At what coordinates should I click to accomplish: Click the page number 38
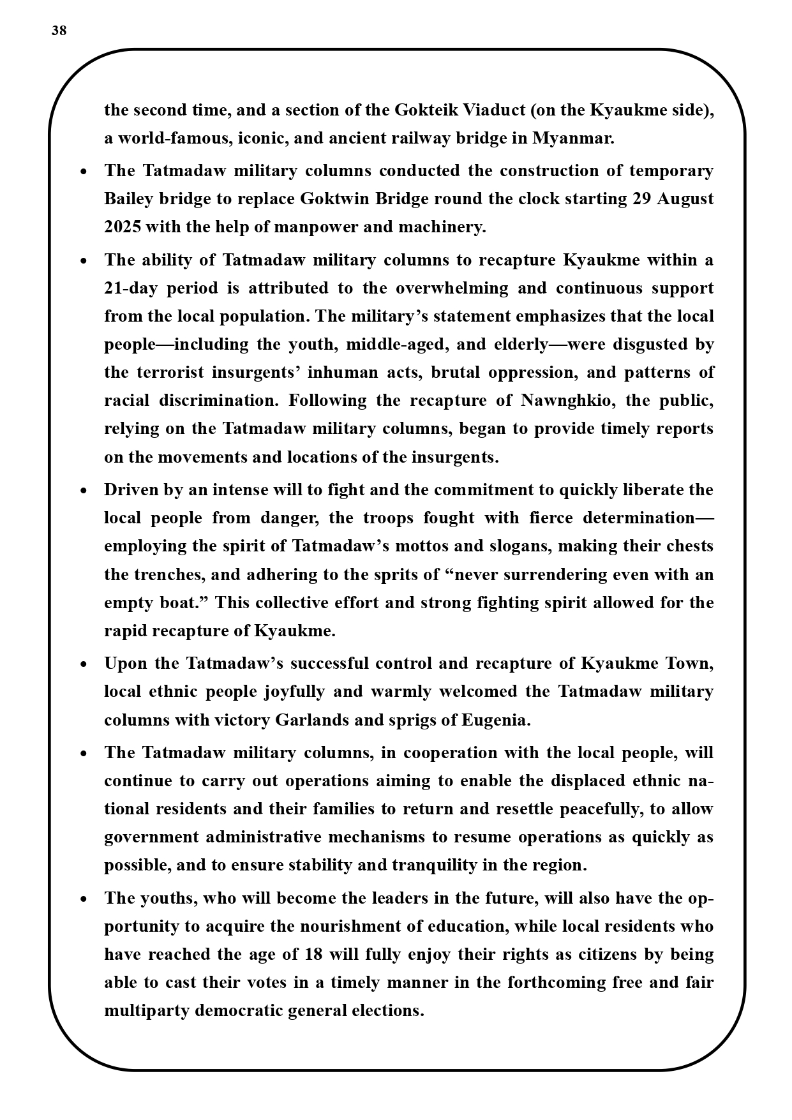click(x=59, y=31)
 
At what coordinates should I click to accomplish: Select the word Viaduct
click(x=493, y=110)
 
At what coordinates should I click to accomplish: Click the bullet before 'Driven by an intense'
click(x=84, y=491)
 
